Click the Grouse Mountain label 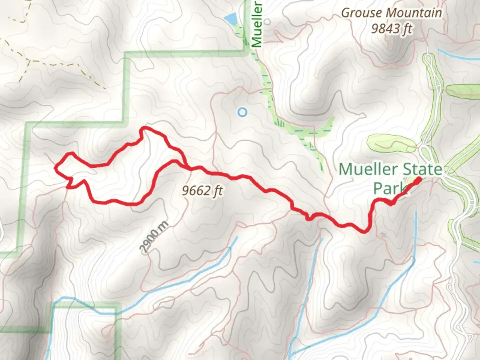[392, 13]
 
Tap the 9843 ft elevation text [392, 29]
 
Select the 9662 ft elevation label [202, 191]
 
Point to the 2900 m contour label [154, 237]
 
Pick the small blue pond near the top [230, 19]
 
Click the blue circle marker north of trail [243, 112]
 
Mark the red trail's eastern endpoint [418, 180]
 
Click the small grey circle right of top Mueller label [267, 21]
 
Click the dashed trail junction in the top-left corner [29, 61]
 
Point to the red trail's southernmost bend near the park [365, 231]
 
